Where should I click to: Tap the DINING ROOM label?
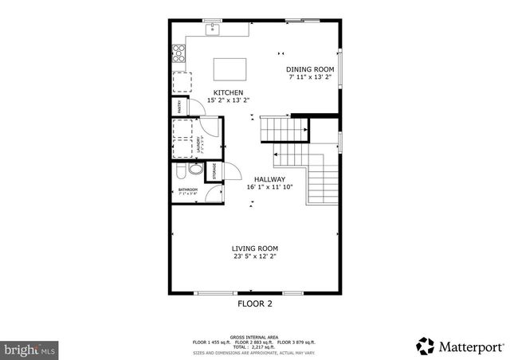tap(309, 70)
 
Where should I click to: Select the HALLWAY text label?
tap(270, 179)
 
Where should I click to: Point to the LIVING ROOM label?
tap(255, 248)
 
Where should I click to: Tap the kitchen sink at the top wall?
tap(212, 30)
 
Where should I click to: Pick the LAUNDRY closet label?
tap(199, 144)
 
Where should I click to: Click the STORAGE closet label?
tap(214, 170)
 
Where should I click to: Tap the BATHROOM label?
tap(187, 189)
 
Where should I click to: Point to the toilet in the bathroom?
tap(180, 172)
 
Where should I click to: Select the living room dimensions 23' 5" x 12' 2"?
tap(255, 257)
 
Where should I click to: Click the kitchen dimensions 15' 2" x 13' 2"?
tap(228, 100)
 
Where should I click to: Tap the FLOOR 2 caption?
tap(255, 303)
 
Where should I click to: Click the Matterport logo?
tap(461, 346)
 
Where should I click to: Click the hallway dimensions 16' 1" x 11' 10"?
tap(270, 187)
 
